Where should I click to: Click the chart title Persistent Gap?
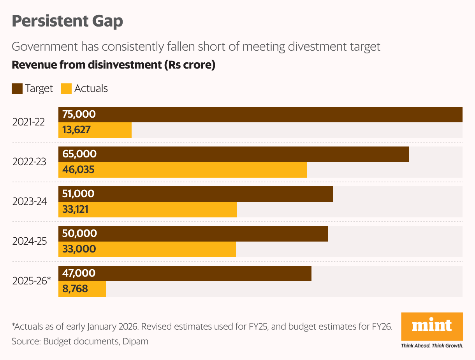pos(67,21)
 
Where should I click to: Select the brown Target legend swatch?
pos(17,89)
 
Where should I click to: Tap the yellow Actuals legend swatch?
pos(66,89)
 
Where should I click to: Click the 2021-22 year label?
pos(28,122)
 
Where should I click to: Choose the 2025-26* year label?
pos(32,281)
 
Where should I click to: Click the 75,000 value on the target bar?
pos(79,115)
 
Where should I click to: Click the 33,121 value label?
pos(76,210)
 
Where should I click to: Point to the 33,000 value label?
pos(79,249)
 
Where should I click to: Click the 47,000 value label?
pos(79,274)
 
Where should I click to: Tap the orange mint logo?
pos(432,326)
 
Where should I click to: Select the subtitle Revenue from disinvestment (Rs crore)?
pos(114,65)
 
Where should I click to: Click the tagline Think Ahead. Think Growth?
pos(432,346)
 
